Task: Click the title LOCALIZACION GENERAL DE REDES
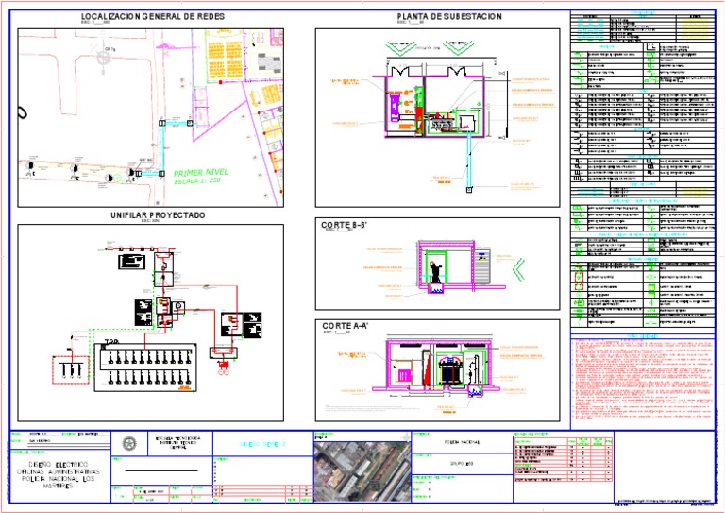click(x=152, y=17)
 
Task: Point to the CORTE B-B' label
click(x=344, y=225)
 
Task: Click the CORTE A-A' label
click(x=345, y=325)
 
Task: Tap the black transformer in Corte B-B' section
click(x=436, y=273)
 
